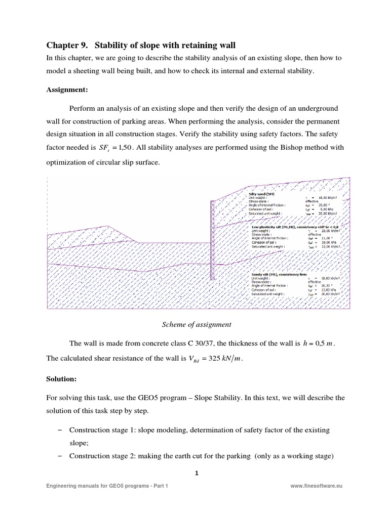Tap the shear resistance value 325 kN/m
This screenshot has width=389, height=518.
[224, 359]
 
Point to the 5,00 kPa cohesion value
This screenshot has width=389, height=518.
[326, 208]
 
